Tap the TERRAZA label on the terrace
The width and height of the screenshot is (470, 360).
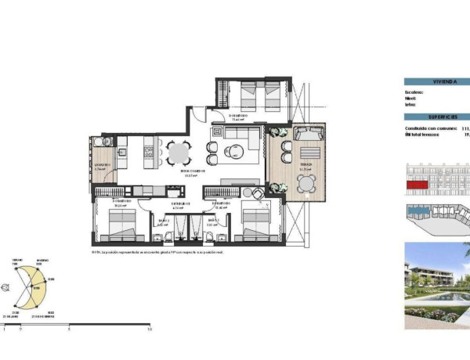[x=304, y=166]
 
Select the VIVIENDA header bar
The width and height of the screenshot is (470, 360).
[x=436, y=81]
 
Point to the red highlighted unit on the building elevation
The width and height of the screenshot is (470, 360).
[x=416, y=185]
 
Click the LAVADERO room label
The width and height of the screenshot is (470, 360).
[x=102, y=166]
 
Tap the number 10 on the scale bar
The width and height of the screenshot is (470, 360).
[x=149, y=330]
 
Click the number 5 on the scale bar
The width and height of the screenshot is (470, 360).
[x=69, y=330]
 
